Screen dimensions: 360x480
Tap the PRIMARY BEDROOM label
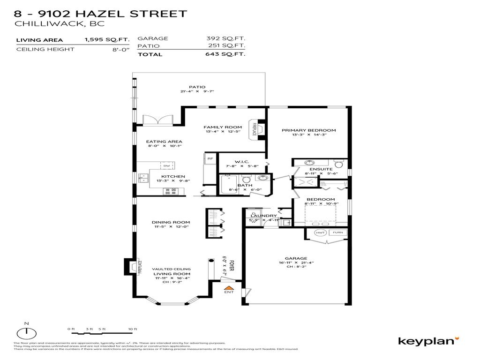[x=308, y=130]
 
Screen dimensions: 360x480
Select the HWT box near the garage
[x=321, y=232]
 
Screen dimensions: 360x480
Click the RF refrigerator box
[x=210, y=159]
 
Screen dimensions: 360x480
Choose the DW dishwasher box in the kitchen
[x=166, y=165]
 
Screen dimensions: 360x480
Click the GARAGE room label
[x=296, y=258]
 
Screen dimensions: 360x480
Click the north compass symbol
[x=27, y=332]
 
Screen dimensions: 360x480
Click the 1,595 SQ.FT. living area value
[x=100, y=40]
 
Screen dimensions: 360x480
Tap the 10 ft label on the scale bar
[x=133, y=329]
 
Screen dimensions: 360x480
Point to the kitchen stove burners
[x=170, y=191]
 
